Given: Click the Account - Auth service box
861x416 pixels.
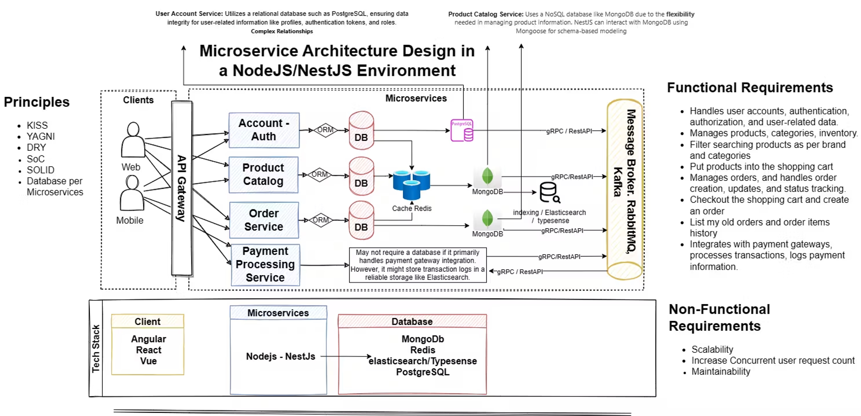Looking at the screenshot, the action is [264, 130].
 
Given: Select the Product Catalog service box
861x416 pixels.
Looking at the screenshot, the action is [263, 174].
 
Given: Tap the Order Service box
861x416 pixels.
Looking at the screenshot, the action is [264, 220].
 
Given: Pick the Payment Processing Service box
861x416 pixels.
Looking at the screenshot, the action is [265, 264].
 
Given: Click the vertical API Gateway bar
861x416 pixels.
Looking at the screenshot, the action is [182, 188].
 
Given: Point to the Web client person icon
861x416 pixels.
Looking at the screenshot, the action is [133, 140].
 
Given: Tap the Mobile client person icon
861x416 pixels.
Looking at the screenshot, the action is [132, 193].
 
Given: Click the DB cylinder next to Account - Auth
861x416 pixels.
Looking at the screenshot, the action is [361, 130].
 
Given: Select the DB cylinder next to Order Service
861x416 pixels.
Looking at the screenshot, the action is [361, 220].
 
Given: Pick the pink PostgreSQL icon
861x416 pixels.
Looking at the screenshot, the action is [462, 130].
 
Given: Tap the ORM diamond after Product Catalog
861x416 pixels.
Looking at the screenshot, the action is [319, 175].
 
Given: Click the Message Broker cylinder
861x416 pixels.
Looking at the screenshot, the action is [625, 189].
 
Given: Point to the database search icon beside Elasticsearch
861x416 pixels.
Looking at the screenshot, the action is [550, 192].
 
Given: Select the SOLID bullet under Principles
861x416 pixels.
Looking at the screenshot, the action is [40, 170].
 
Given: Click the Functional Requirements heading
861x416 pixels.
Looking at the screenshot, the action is [750, 87].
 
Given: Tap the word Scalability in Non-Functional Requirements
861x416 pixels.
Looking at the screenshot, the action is [712, 349].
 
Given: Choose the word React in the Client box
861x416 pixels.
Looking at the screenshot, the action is [149, 350].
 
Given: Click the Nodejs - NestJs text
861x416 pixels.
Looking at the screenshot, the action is [280, 357].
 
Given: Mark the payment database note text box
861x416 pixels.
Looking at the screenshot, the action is [418, 265].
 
